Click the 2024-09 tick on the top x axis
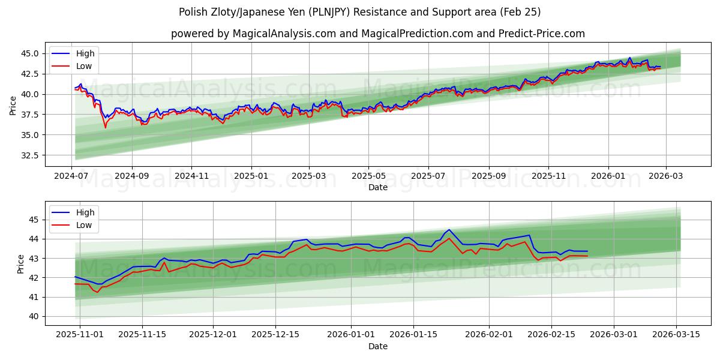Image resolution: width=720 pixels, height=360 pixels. [131, 176]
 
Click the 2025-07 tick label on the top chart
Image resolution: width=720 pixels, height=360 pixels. [428, 176]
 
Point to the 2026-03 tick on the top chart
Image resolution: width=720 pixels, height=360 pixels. [666, 176]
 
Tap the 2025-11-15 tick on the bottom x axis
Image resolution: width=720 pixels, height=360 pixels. [142, 335]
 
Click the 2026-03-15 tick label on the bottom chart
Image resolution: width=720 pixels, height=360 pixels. [677, 335]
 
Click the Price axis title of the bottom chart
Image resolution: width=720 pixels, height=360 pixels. [21, 264]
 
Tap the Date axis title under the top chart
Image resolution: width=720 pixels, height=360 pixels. [378, 187]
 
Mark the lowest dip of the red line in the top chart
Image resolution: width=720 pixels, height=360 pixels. [106, 127]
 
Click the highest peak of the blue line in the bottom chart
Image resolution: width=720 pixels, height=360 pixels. [449, 229]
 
